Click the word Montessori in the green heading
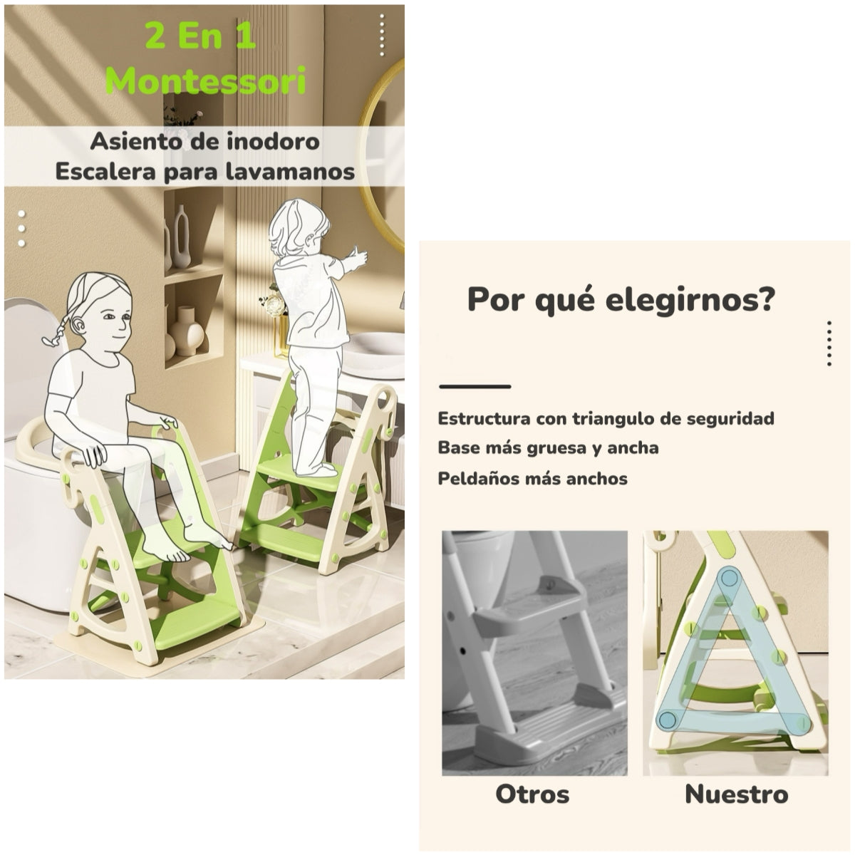[x=205, y=81]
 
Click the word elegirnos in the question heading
[x=690, y=300]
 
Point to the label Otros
[x=532, y=794]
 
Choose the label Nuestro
[x=736, y=794]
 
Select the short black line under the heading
[x=475, y=387]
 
